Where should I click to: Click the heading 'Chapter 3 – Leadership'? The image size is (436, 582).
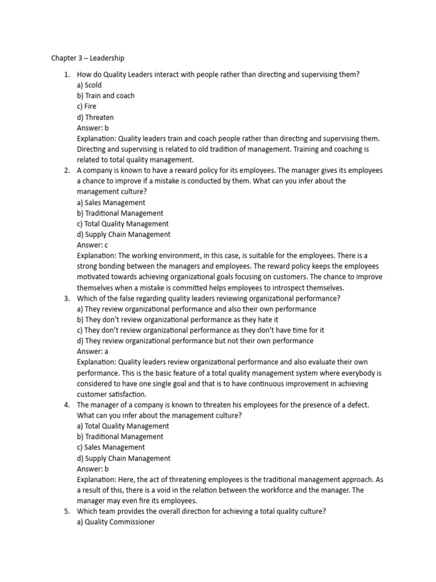click(x=87, y=58)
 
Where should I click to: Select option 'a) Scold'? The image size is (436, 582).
click(x=89, y=85)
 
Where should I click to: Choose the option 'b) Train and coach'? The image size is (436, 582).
click(x=106, y=95)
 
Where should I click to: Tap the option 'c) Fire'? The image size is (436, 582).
click(x=87, y=106)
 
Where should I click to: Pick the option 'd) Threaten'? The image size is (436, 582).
click(x=95, y=117)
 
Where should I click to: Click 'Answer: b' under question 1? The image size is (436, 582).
click(x=93, y=128)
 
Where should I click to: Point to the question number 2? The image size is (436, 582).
click(x=66, y=171)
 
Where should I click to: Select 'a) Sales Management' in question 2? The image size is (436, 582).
click(x=111, y=202)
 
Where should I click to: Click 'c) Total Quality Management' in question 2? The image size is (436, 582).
click(x=123, y=224)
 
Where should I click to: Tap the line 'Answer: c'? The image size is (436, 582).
click(x=92, y=245)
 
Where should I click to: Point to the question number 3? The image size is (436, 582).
click(x=66, y=298)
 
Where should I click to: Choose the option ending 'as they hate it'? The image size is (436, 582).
click(x=177, y=319)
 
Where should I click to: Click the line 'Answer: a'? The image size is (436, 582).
click(x=93, y=351)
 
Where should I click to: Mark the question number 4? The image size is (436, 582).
click(x=66, y=405)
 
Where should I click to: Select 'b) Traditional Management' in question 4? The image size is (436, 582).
click(x=120, y=436)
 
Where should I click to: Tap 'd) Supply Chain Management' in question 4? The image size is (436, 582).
click(x=123, y=458)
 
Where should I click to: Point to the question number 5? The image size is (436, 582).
click(x=66, y=512)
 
